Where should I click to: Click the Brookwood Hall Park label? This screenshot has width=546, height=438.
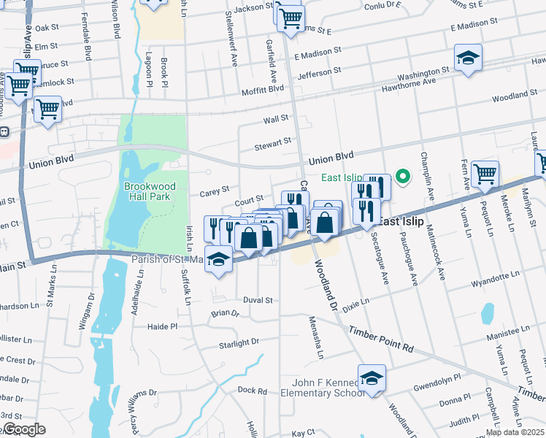146,192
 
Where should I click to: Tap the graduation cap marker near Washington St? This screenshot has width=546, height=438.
468,58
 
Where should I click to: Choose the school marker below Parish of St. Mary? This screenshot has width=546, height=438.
219,260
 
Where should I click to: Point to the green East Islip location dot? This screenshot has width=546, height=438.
401,177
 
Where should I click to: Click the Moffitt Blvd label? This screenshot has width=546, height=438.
263,89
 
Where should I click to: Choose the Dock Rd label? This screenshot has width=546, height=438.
252,391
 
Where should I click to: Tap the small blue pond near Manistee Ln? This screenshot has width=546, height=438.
488,313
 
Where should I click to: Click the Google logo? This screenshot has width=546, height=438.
23,429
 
